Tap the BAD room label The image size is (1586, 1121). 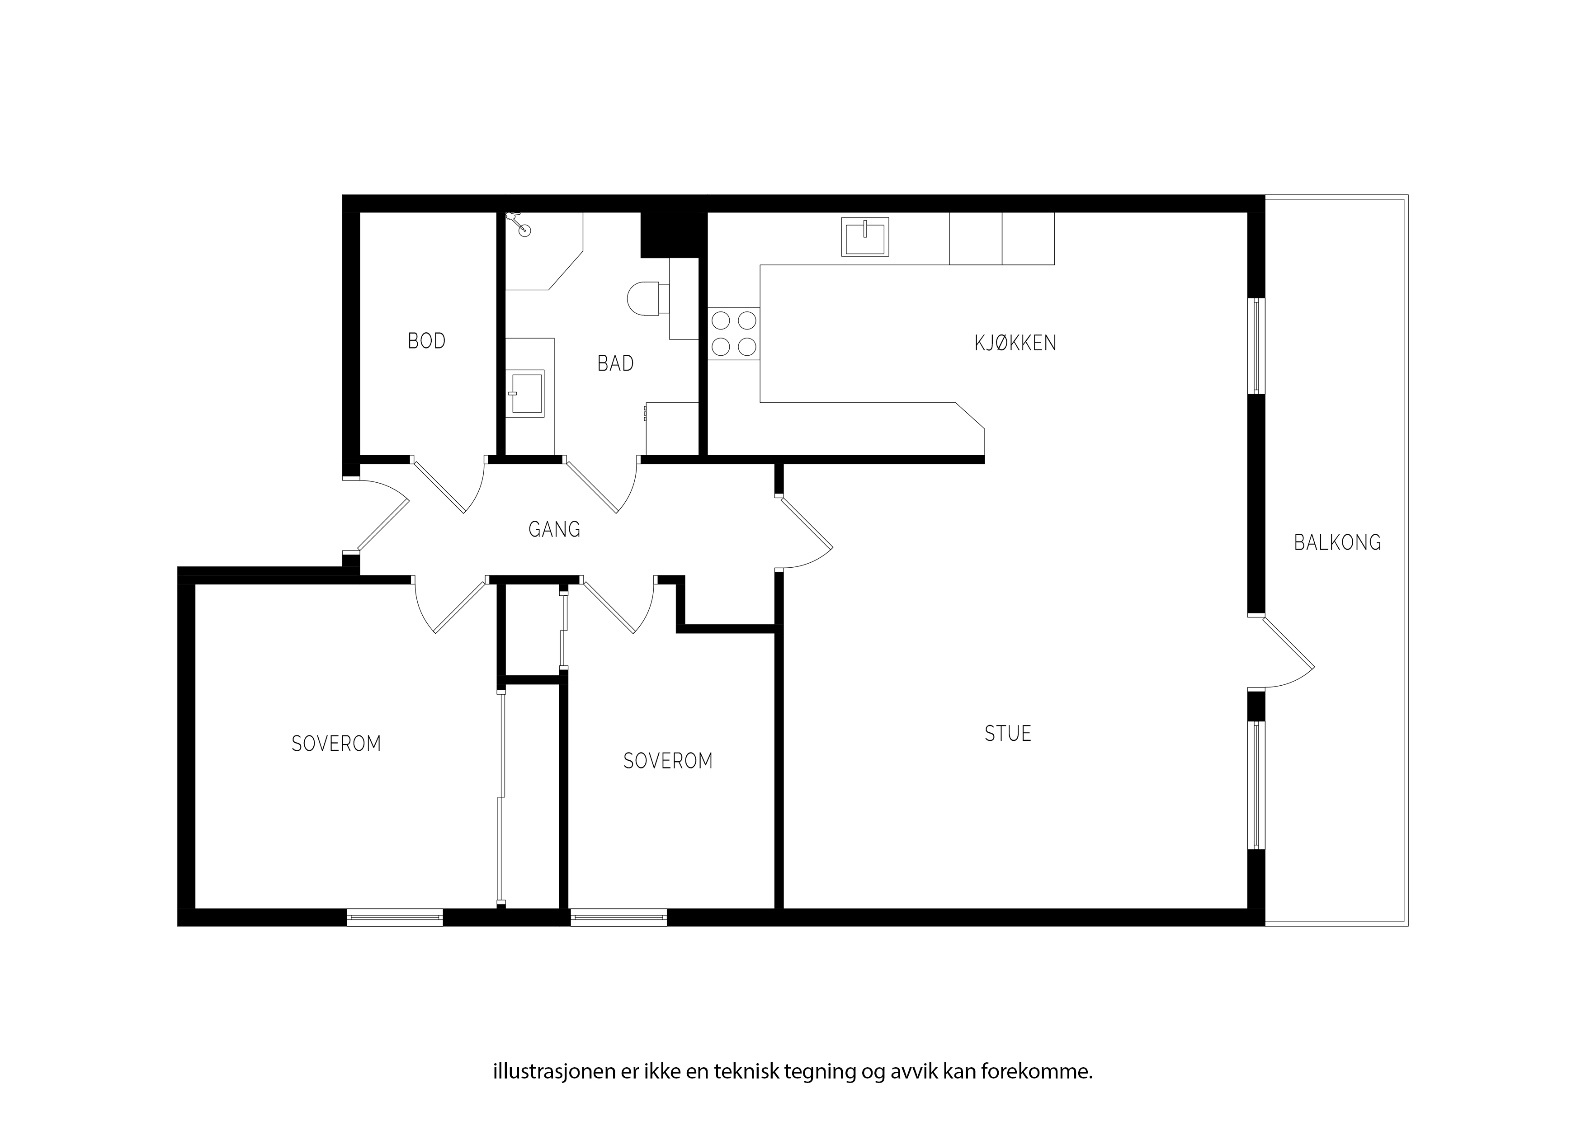615,363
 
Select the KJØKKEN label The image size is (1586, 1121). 1015,343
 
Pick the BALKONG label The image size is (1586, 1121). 1337,542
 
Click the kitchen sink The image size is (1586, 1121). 865,236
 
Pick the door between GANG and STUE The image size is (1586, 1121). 805,532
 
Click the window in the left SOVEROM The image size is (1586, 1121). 394,917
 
